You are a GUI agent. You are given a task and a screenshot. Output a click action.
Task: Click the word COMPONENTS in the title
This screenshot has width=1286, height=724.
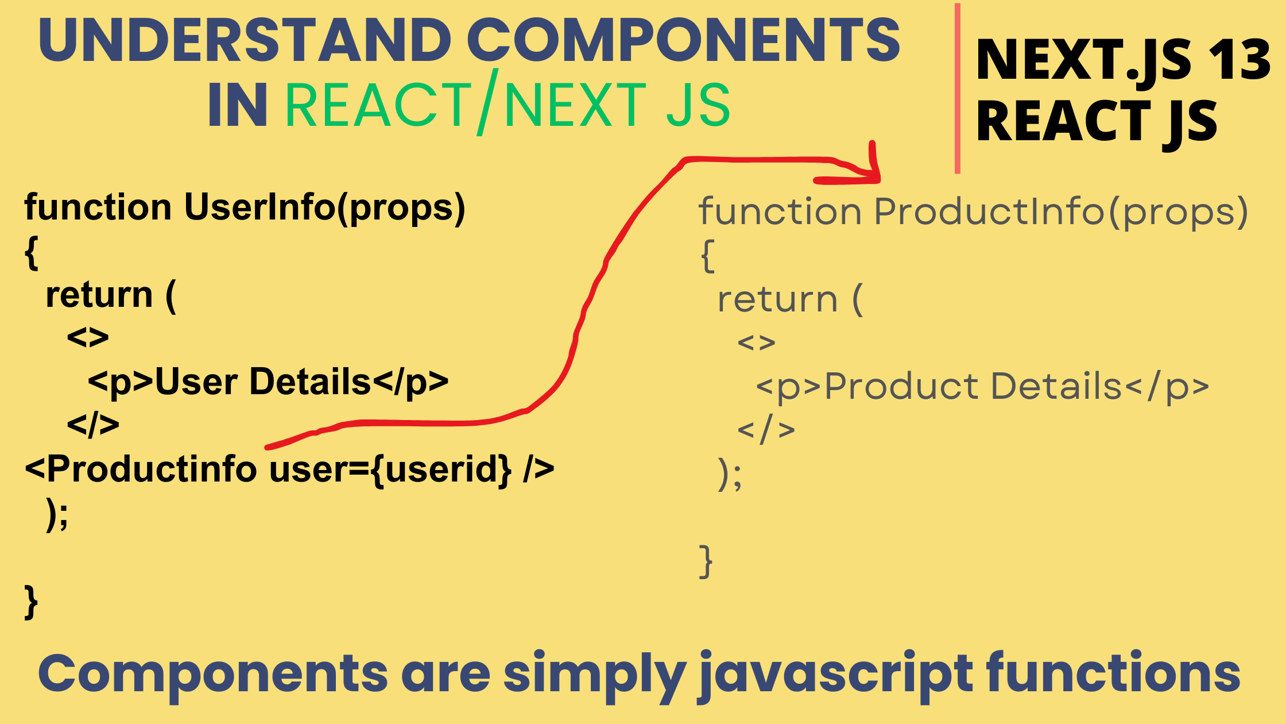pos(683,40)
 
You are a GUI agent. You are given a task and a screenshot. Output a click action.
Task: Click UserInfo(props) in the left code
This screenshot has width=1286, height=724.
pos(324,207)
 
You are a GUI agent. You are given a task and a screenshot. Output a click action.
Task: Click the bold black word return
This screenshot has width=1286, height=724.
pos(99,295)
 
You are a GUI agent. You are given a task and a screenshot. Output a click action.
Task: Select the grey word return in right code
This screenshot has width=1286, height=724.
pos(777,300)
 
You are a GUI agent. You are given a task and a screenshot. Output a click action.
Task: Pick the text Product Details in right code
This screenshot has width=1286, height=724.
pos(973,386)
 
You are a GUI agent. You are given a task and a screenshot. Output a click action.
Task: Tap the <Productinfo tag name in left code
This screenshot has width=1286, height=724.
pos(141,469)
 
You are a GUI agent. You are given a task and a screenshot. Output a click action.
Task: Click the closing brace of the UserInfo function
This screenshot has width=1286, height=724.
pos(31,602)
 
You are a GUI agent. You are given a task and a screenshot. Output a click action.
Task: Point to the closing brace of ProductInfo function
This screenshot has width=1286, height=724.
pos(706,561)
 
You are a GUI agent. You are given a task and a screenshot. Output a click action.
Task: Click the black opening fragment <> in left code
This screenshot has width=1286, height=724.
pos(88,338)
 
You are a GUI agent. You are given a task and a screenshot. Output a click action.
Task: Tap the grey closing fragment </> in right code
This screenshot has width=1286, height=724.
pos(766,430)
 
